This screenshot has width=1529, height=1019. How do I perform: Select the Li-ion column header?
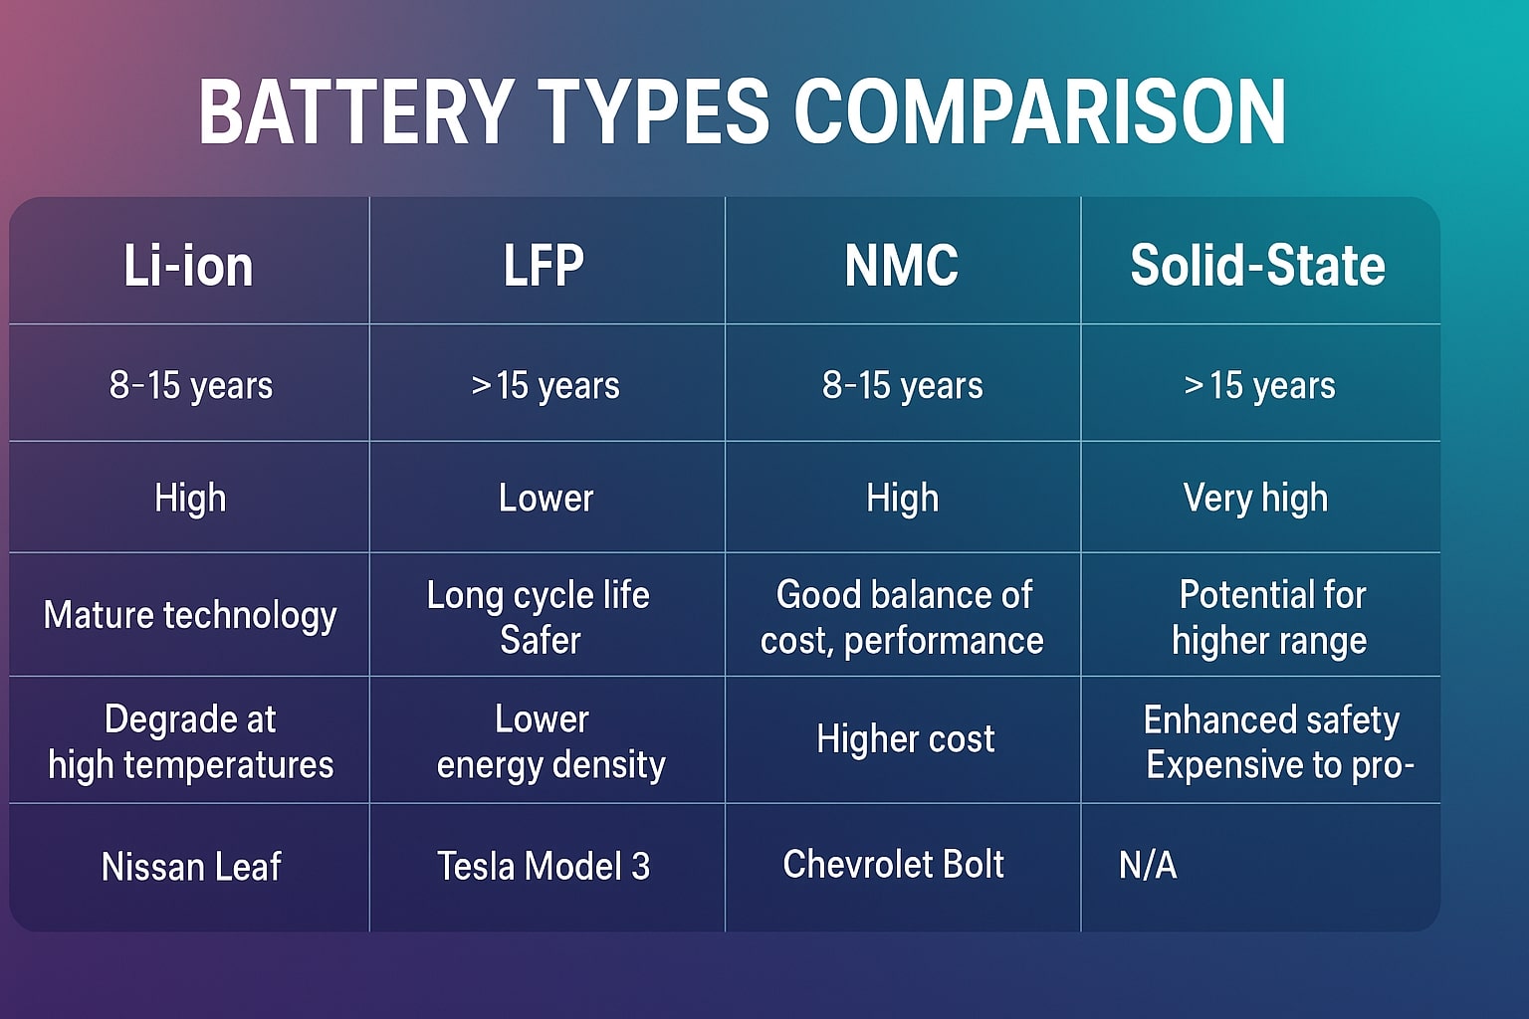point(188,266)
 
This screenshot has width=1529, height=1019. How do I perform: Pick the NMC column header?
point(902,266)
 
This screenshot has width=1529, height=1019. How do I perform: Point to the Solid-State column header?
point(1257,266)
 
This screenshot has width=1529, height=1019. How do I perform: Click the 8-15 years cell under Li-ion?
point(190,385)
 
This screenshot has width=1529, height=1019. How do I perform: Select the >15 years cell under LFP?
point(546,385)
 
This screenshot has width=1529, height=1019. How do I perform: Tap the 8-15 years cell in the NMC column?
point(902,385)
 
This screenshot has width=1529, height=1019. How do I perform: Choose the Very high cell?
point(1255,498)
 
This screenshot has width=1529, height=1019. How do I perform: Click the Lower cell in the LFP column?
point(546,498)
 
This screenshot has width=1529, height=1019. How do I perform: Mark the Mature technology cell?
point(190,615)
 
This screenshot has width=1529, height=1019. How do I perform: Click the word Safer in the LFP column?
point(540,640)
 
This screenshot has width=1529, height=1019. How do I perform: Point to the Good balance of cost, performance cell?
point(902,617)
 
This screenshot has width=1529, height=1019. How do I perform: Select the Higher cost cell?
point(905,738)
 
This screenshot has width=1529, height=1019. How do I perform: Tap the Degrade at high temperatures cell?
point(190,741)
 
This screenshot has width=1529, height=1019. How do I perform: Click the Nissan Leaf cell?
point(191,867)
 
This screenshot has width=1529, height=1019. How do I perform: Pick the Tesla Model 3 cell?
point(544,866)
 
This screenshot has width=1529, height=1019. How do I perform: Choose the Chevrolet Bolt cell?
point(893,864)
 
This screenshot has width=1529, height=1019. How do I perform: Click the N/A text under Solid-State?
point(1148,865)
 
